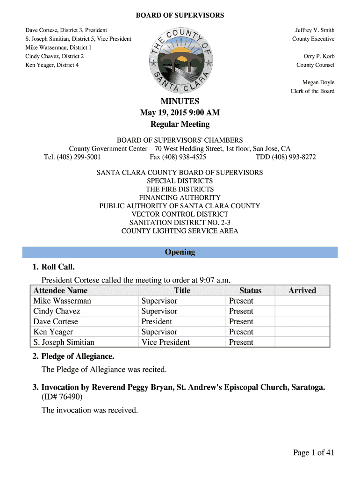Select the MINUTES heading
click(x=180, y=102)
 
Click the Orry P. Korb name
click(x=319, y=57)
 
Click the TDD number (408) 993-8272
click(x=286, y=157)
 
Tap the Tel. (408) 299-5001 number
click(x=72, y=157)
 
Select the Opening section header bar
click(x=180, y=252)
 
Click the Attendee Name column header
click(x=60, y=290)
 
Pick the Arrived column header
click(x=302, y=290)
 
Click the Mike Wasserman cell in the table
click(x=62, y=301)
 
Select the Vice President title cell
click(x=166, y=342)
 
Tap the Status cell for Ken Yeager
click(x=241, y=332)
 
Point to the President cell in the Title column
click(x=157, y=321)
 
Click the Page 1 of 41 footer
click(x=314, y=452)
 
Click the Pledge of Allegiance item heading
click(x=78, y=356)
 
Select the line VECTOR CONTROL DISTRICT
click(x=180, y=214)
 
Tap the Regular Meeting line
click(x=180, y=124)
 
